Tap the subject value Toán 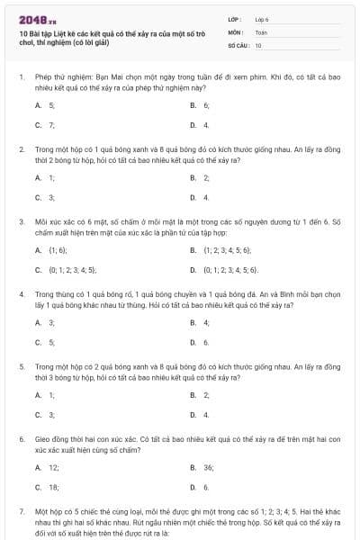coord(261,31)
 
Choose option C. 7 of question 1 coord(45,125)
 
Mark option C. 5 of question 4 coord(45,342)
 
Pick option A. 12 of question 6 coord(47,467)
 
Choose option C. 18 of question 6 coord(47,487)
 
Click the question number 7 coord(21,510)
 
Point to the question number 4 coord(21,293)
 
